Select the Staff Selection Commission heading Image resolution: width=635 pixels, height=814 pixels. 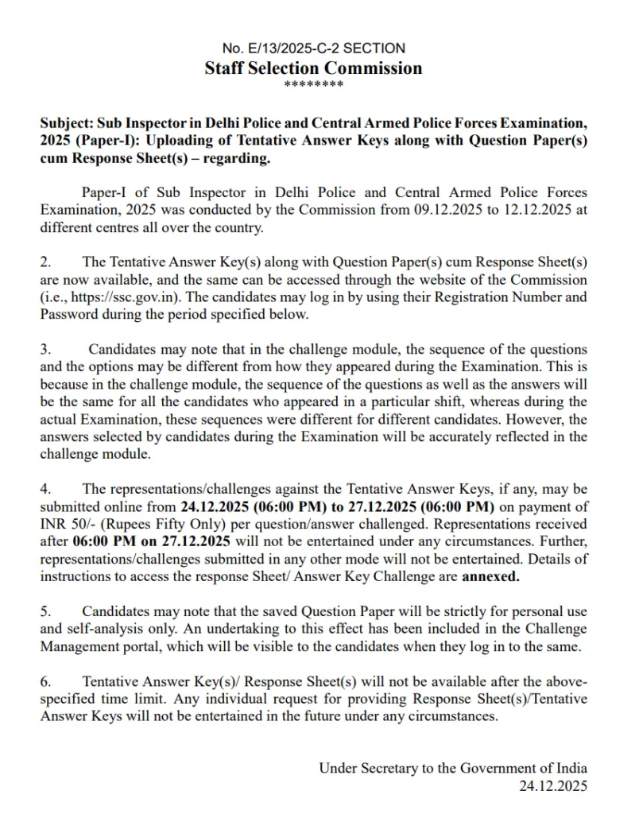click(313, 68)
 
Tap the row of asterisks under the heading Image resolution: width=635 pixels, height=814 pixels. click(313, 85)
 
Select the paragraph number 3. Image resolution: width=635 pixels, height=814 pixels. click(45, 350)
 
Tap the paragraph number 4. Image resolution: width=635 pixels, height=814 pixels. click(45, 488)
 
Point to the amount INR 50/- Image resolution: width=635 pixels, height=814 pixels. click(68, 524)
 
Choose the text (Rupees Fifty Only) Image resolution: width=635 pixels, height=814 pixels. click(158, 524)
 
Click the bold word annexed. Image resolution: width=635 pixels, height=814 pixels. click(490, 576)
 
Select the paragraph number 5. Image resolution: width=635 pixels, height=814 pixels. click(45, 611)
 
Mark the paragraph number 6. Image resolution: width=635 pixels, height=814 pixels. click(45, 681)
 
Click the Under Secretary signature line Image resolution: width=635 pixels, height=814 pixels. click(453, 768)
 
